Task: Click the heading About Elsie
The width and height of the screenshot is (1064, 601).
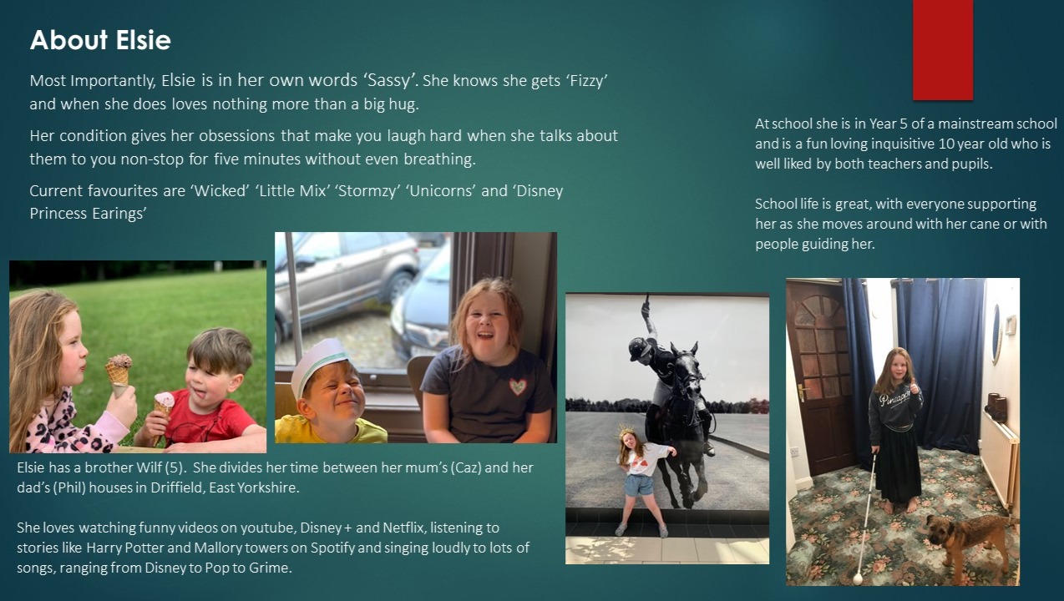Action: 100,40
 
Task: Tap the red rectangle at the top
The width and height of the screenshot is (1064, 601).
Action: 943,50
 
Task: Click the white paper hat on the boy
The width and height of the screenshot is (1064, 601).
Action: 318,366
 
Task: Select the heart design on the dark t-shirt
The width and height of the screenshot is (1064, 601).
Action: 518,386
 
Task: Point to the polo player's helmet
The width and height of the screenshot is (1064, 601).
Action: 638,347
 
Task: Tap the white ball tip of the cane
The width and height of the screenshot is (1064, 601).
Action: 858,578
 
